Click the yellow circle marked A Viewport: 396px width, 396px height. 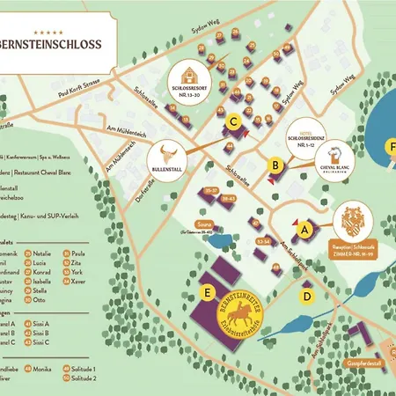click(x=305, y=229)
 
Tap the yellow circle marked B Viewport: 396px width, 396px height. click(x=275, y=164)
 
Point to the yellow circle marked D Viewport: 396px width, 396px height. click(x=306, y=296)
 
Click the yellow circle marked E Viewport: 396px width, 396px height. click(x=207, y=291)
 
